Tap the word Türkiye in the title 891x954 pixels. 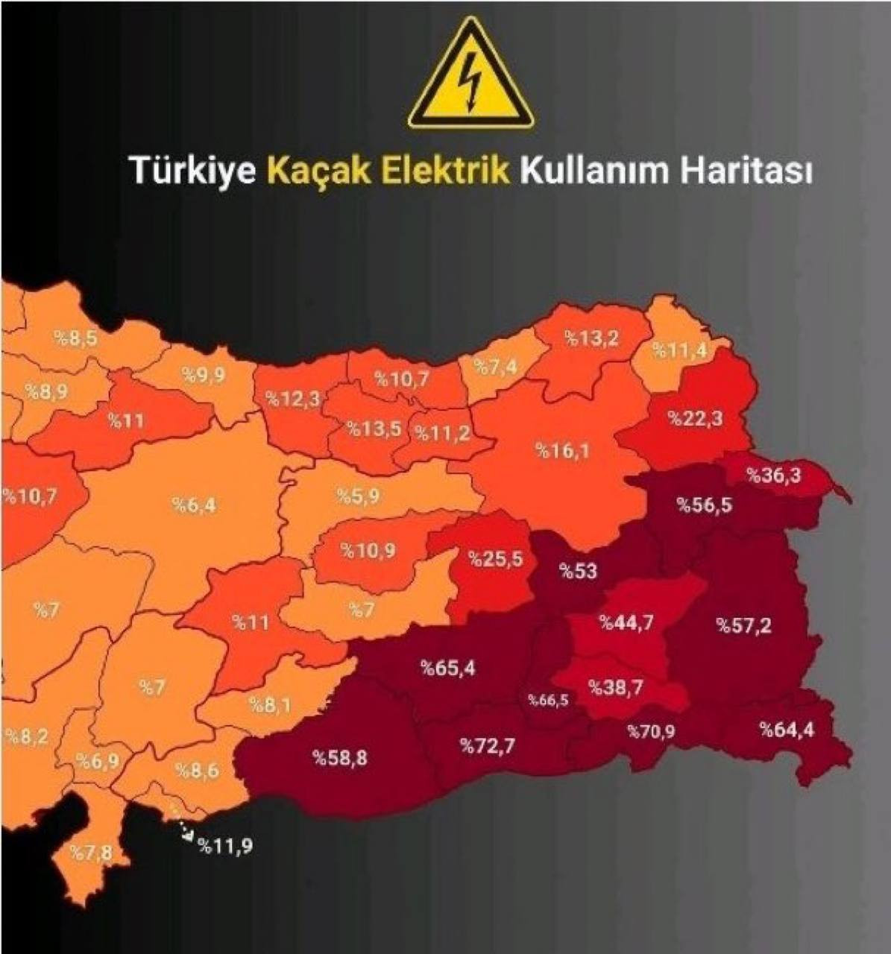(194, 170)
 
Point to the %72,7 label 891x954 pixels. (486, 745)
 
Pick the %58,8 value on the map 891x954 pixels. (339, 759)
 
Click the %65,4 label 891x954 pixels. (447, 668)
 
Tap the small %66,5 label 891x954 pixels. (548, 700)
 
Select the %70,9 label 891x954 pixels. (651, 731)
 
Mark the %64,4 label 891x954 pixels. (787, 729)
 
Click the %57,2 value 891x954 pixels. (743, 625)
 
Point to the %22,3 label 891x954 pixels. (695, 418)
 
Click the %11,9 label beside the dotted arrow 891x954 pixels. (224, 845)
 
